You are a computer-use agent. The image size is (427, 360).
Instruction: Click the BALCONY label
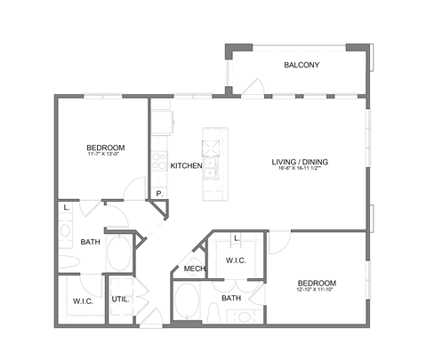[302, 66]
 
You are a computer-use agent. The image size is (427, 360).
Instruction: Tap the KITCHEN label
[187, 165]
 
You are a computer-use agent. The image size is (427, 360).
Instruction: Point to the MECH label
[195, 269]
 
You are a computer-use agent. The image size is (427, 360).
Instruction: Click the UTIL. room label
[120, 299]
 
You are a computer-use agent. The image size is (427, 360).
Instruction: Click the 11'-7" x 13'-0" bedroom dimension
[105, 155]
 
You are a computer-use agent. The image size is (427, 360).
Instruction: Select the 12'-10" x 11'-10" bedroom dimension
[316, 290]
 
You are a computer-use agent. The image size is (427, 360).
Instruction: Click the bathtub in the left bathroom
[119, 252]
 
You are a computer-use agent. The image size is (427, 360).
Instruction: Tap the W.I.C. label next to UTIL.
[85, 300]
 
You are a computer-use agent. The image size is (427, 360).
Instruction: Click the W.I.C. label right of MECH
[237, 260]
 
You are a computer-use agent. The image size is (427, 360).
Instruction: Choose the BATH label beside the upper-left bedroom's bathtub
[90, 242]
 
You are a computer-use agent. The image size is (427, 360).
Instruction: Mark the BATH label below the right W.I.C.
[232, 298]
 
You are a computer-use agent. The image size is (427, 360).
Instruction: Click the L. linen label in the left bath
[67, 209]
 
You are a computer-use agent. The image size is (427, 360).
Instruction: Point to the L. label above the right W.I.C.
[235, 239]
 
